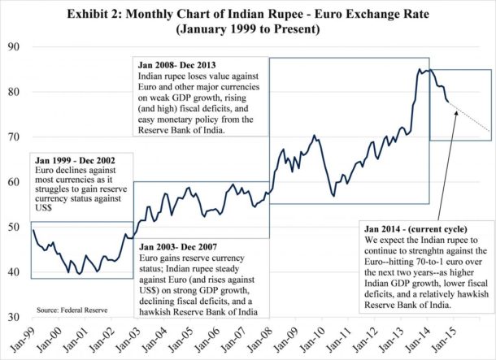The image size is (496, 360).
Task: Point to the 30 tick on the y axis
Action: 13,316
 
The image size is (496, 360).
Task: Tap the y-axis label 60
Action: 13,182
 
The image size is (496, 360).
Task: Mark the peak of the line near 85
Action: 420,70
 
